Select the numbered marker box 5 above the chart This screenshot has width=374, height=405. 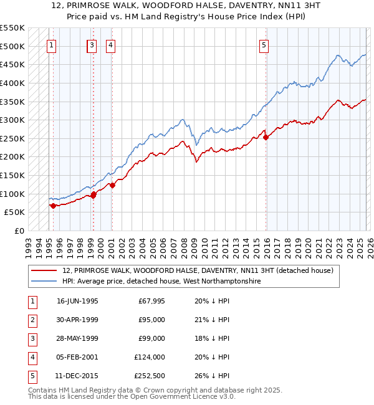click(x=264, y=44)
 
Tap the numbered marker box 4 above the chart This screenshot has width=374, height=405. click(x=110, y=44)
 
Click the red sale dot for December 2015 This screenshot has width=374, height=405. click(x=266, y=138)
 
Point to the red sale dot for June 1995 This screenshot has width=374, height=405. click(x=53, y=206)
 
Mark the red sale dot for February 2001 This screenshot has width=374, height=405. click(x=112, y=184)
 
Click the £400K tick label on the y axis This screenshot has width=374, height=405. click(x=12, y=83)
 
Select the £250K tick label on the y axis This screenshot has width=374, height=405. click(x=12, y=138)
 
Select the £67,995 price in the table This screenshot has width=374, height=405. click(x=150, y=301)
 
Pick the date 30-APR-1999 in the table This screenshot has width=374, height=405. click(x=77, y=320)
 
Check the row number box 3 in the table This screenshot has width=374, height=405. click(x=32, y=338)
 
